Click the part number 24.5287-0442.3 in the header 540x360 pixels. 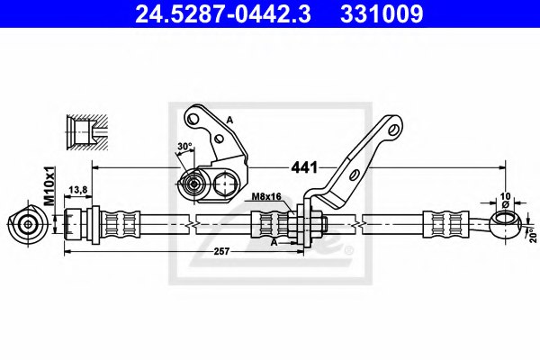click(217, 14)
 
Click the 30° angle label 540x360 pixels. click(184, 148)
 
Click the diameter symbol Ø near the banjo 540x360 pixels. click(504, 204)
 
